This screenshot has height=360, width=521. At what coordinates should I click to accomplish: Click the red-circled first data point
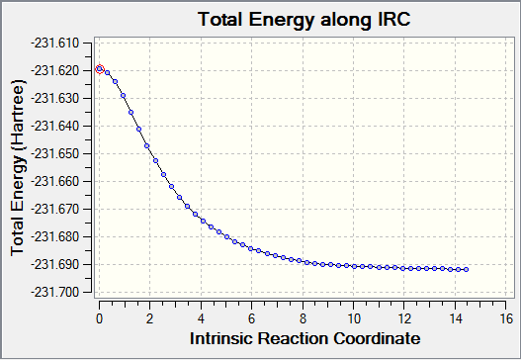click(x=100, y=69)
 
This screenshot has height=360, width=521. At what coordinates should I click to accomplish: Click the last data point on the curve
click(x=467, y=270)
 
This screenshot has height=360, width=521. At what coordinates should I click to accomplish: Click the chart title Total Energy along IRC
click(x=304, y=19)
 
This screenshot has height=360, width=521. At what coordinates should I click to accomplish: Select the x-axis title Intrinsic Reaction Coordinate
click(x=305, y=338)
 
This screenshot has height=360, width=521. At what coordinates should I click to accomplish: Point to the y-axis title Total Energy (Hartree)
click(x=18, y=168)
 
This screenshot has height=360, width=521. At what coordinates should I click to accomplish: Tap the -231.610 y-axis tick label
click(x=55, y=44)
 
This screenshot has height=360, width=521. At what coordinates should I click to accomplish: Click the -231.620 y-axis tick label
click(x=55, y=71)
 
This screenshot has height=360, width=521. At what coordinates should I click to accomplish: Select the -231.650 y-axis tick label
click(x=55, y=154)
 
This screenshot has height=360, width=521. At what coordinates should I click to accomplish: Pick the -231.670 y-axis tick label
click(x=55, y=210)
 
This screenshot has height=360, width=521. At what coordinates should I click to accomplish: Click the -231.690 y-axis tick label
click(x=55, y=265)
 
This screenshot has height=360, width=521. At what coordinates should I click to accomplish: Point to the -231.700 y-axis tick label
click(x=55, y=293)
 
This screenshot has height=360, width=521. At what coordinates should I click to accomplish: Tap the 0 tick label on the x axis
click(x=99, y=318)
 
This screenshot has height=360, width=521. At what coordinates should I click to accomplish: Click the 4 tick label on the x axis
click(x=201, y=318)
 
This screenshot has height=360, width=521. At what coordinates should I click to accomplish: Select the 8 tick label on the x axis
click(x=303, y=318)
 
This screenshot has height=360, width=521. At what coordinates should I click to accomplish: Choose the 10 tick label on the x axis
click(x=354, y=318)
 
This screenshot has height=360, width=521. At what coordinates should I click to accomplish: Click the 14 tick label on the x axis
click(x=456, y=318)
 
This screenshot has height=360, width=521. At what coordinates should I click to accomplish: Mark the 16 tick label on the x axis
click(x=506, y=318)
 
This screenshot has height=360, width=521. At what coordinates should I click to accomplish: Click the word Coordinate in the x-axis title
click(x=377, y=338)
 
